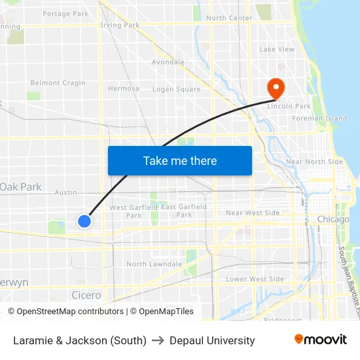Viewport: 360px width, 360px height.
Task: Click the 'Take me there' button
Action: [x=180, y=160]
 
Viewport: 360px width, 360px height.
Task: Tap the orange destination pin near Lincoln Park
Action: [x=275, y=88]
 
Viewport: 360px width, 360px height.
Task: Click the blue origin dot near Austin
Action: [x=84, y=221]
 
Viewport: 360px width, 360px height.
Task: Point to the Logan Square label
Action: [x=177, y=89]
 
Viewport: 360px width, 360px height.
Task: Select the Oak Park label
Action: [x=21, y=187]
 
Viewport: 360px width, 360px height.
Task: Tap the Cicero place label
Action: [x=86, y=295]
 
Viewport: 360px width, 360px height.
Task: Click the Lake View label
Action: [x=277, y=49]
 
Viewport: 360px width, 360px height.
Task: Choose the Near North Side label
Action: [x=314, y=162]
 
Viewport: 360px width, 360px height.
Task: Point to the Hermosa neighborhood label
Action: [x=123, y=88]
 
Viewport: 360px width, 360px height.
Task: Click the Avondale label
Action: [x=168, y=62]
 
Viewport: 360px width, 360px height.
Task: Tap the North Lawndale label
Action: [x=154, y=264]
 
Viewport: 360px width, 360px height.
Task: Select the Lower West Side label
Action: [x=255, y=279]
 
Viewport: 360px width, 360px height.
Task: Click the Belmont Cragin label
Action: [x=58, y=83]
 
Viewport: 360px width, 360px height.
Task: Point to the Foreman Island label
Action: [x=319, y=118]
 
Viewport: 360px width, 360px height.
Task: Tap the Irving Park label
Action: [x=120, y=26]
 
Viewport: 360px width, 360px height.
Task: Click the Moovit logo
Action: [x=321, y=340]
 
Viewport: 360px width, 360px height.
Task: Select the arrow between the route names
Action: [x=158, y=340]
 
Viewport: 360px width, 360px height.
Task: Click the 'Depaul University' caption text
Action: [x=212, y=340]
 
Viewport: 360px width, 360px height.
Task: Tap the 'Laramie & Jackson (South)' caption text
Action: [x=80, y=340]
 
